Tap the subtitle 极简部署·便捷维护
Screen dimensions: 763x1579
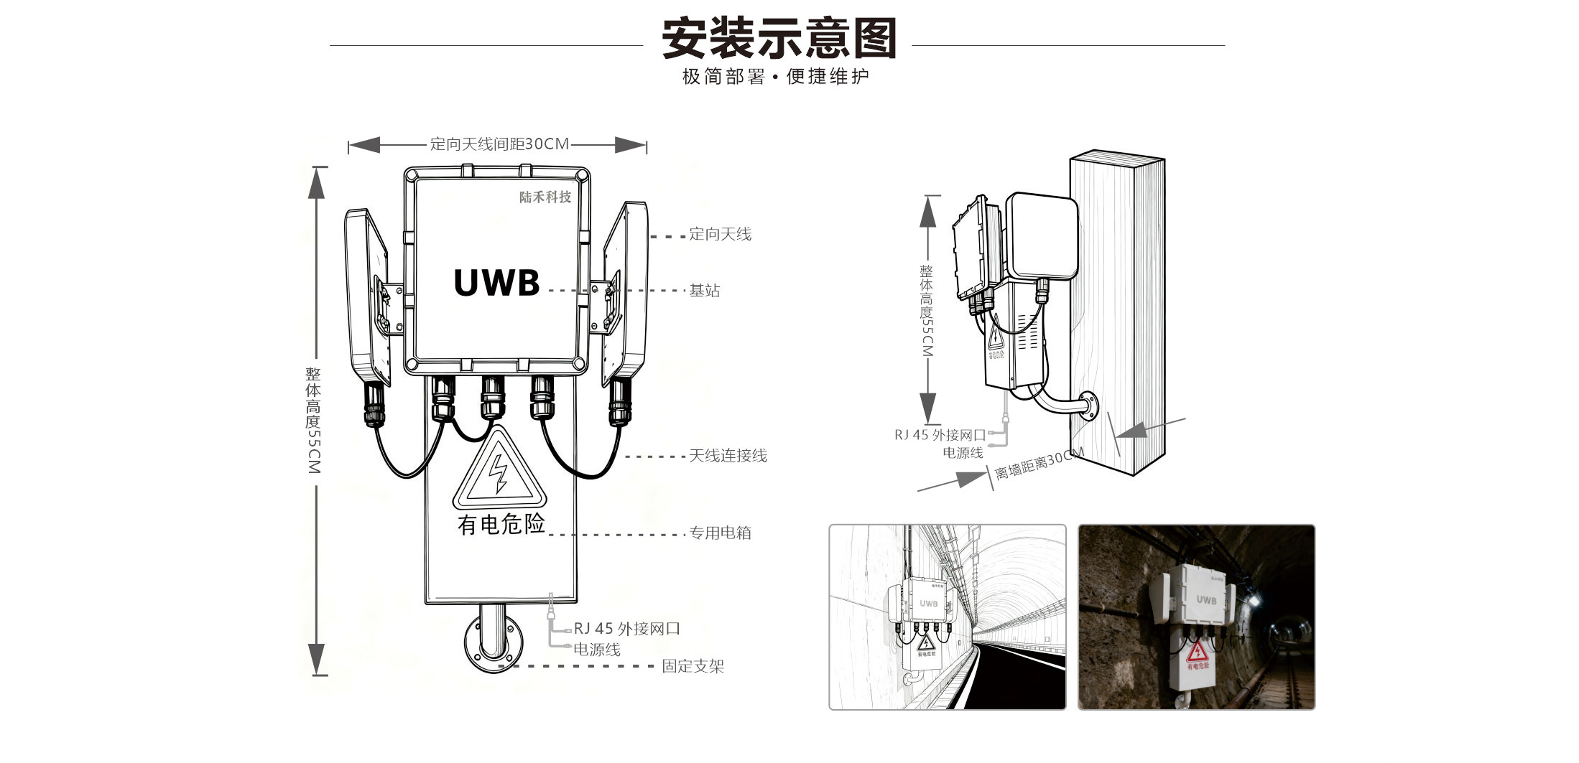(x=775, y=76)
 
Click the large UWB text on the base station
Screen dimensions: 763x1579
(x=496, y=283)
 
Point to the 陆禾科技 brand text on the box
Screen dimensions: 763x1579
(x=545, y=197)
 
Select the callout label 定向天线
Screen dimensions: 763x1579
(x=720, y=234)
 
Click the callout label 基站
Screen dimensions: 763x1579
(x=704, y=291)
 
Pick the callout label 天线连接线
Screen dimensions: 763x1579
(x=728, y=456)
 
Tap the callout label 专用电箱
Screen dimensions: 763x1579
(x=720, y=533)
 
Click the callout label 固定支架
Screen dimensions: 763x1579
(x=693, y=666)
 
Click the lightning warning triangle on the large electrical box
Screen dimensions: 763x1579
(x=499, y=471)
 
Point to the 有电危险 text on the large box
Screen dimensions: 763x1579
(x=501, y=524)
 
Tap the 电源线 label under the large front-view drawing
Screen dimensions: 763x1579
(x=596, y=650)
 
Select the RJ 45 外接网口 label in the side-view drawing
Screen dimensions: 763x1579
(x=940, y=435)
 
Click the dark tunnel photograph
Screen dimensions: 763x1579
(x=1196, y=617)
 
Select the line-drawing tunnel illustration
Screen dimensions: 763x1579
(x=947, y=617)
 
